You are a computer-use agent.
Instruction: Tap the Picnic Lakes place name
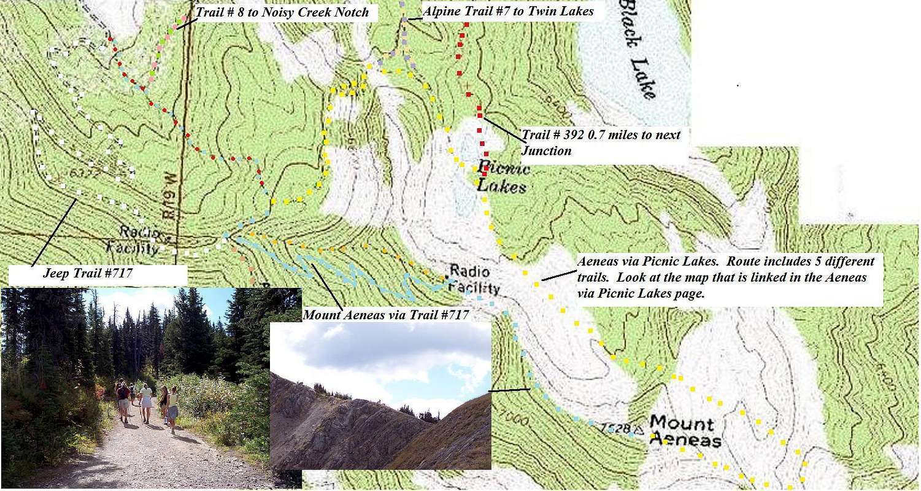click(501, 177)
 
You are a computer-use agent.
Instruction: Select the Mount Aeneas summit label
click(682, 431)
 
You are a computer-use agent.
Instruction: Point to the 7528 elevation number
click(618, 428)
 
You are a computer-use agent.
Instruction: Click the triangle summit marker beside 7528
click(639, 431)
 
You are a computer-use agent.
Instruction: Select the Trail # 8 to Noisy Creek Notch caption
click(282, 12)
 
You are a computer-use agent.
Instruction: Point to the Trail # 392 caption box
click(601, 142)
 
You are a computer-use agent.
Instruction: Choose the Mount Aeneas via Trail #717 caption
click(387, 315)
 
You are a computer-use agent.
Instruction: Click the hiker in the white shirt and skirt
click(146, 402)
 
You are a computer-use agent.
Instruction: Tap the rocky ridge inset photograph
click(380, 396)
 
